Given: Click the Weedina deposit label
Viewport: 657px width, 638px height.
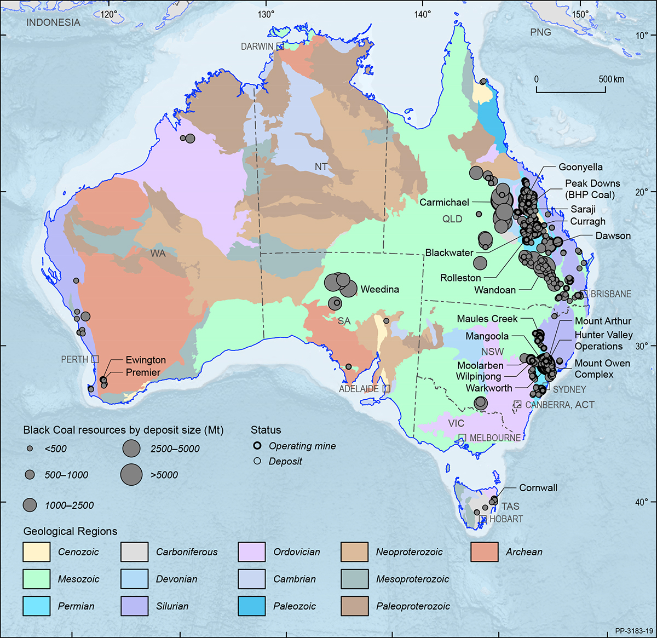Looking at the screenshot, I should (x=379, y=289).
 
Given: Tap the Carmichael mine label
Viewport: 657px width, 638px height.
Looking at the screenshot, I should (x=444, y=202).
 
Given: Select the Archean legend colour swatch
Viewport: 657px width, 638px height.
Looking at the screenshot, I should (x=484, y=552).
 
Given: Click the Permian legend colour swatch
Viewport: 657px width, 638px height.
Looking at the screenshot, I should (x=36, y=606).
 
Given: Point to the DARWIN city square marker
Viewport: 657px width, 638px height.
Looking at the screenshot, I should (x=280, y=47).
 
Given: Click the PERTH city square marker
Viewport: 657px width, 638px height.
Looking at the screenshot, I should (x=95, y=359).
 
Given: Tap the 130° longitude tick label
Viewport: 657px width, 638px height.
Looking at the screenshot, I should (x=266, y=14).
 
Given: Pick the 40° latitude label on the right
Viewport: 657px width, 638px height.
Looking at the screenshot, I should (x=642, y=502).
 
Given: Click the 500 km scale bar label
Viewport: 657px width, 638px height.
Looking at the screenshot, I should (x=611, y=79).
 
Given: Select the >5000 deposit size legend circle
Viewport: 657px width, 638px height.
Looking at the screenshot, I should (x=131, y=474).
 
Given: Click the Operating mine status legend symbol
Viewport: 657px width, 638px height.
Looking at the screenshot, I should (x=257, y=446).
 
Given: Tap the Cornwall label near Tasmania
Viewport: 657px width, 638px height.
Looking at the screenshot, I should (x=538, y=487).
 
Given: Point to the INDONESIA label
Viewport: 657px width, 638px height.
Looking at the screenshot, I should (x=53, y=22).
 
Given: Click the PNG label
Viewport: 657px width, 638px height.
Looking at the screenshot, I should (x=540, y=32).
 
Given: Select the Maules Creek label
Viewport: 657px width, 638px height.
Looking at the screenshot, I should (x=487, y=319).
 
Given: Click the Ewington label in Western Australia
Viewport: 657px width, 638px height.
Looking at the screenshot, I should (x=146, y=360).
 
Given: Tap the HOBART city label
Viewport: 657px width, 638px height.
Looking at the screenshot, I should (x=506, y=519).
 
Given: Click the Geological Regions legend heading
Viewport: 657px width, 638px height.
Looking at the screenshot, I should (x=70, y=531).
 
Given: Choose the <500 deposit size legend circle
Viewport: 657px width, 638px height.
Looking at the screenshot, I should (x=30, y=449).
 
